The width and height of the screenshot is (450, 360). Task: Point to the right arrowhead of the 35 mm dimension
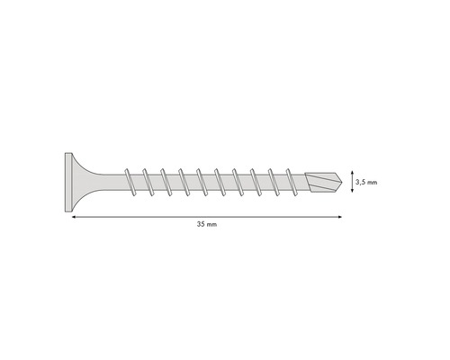click(x=340, y=215)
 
